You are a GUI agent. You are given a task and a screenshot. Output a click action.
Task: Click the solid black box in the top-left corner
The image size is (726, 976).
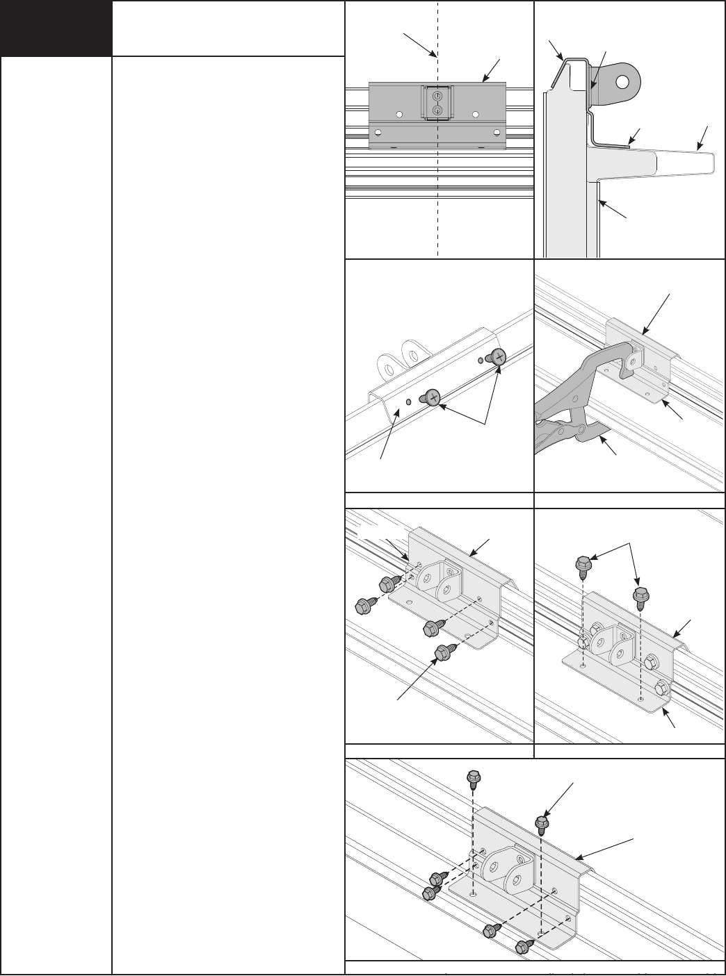pyautogui.click(x=56, y=28)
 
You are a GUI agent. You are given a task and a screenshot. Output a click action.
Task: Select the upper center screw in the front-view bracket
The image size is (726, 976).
pyautogui.click(x=437, y=95)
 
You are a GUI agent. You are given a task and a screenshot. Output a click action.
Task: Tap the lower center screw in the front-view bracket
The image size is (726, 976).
pyautogui.click(x=437, y=110)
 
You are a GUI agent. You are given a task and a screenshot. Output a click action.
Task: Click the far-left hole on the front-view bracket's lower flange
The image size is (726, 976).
pyautogui.click(x=378, y=132)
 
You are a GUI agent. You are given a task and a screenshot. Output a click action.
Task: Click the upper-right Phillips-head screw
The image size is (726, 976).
pyautogui.click(x=499, y=356)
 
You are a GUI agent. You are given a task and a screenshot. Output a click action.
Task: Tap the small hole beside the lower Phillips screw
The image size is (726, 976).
pyautogui.click(x=408, y=402)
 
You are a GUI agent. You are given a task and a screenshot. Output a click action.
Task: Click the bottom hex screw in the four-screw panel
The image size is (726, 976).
pyautogui.click(x=441, y=652)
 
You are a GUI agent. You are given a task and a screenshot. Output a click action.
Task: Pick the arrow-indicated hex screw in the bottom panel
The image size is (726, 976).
pyautogui.click(x=541, y=824)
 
